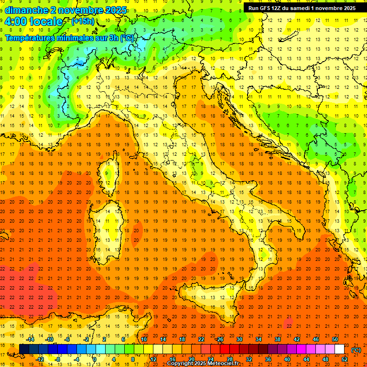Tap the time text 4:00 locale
33,22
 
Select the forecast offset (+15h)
83,22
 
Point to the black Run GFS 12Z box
302,8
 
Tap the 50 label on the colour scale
335,339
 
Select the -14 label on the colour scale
31,339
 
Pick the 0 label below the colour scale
95,359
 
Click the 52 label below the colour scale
345,359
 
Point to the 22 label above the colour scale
201,339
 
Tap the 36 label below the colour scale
268,359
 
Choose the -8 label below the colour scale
57,359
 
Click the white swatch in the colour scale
339,349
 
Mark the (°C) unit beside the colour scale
356,350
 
